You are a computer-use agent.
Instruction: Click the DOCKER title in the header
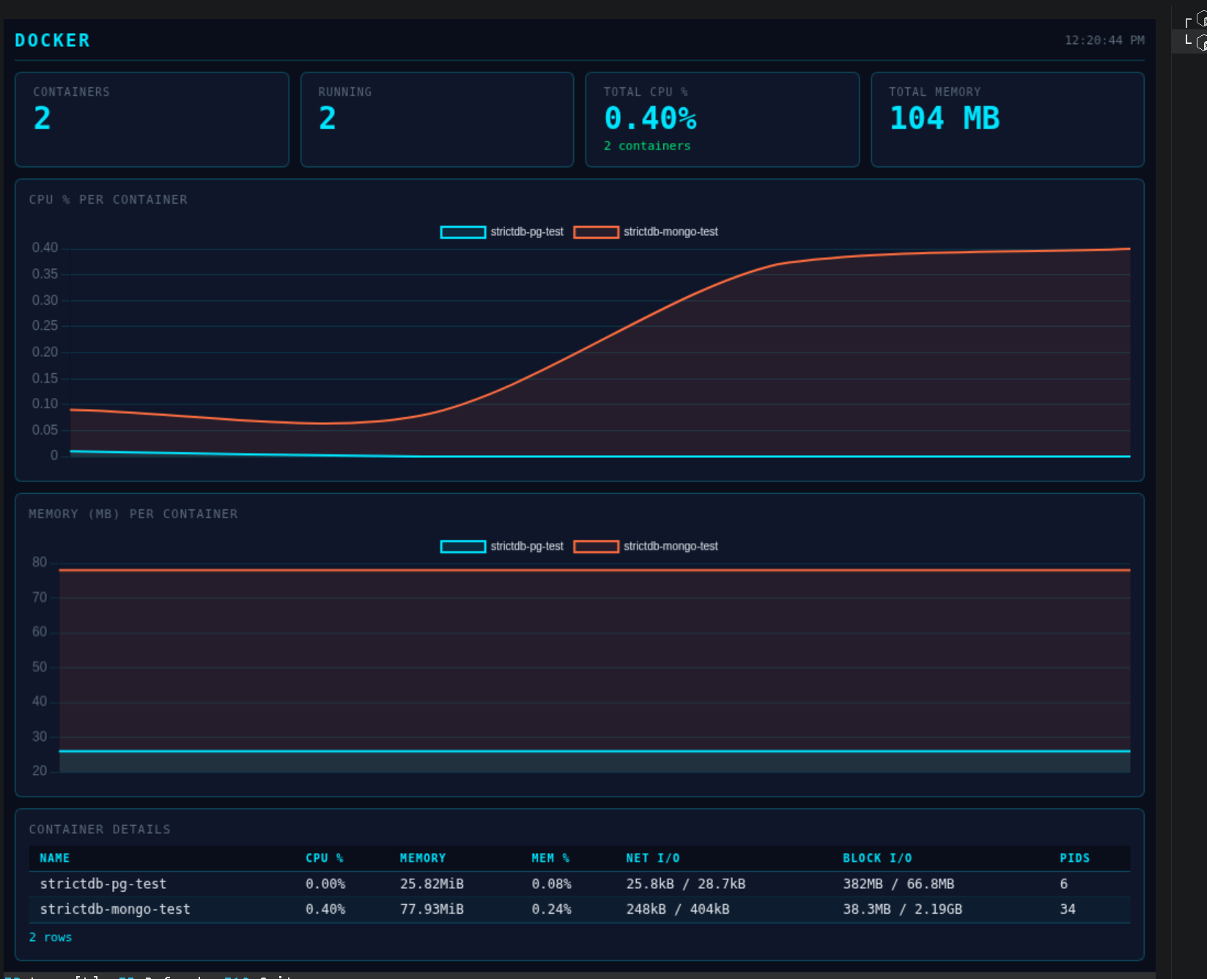[52, 40]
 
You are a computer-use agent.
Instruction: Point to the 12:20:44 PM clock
[1104, 40]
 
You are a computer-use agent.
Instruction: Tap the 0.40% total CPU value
[650, 118]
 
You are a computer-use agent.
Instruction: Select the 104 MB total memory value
[944, 118]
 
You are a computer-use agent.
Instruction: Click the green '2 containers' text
[646, 146]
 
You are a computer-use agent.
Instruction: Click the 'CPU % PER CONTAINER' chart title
[108, 199]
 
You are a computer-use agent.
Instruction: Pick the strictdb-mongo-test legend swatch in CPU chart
[596, 232]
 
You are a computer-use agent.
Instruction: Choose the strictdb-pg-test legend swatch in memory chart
[462, 546]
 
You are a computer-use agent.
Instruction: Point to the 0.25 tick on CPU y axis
[45, 325]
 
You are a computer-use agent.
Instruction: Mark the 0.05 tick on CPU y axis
[45, 429]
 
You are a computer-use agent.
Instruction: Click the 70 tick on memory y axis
[40, 597]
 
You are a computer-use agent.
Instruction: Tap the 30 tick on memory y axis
[40, 736]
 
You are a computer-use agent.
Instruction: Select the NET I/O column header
[652, 858]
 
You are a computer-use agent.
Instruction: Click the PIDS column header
[1074, 858]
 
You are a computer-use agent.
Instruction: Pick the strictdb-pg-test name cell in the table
[103, 884]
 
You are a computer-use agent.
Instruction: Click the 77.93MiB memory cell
[432, 909]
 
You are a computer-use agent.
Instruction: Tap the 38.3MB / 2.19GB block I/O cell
[902, 909]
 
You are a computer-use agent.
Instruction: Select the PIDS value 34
[1068, 909]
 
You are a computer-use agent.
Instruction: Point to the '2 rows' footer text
[51, 937]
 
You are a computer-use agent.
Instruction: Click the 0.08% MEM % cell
[551, 884]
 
